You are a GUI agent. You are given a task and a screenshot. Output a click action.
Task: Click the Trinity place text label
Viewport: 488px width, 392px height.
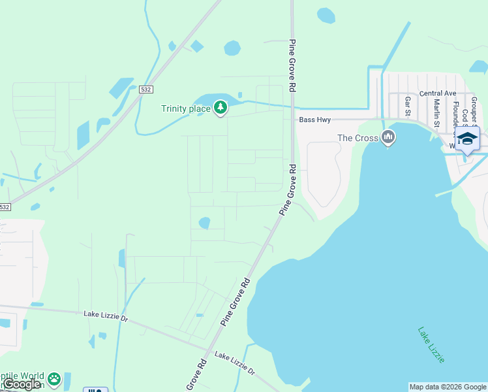coord(186,108)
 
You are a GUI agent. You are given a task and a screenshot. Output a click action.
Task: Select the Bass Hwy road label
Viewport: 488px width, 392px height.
coord(315,120)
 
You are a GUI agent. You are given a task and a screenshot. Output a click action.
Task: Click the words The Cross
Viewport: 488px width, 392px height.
coord(358,138)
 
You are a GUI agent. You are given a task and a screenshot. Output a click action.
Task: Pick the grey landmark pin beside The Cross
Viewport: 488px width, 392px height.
coord(388,137)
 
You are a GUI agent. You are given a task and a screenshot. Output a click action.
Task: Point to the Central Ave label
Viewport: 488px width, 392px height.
coord(438,93)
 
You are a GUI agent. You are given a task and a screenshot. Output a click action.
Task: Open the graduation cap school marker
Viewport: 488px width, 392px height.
coord(467,139)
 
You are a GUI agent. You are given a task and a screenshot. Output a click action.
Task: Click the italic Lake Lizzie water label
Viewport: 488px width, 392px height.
coord(431,345)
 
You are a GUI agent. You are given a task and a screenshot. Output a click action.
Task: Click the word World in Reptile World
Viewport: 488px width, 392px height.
coord(31,376)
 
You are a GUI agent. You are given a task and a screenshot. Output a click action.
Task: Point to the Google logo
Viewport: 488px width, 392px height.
coord(22,384)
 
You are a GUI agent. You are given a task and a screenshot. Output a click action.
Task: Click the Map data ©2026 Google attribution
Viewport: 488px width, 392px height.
coord(448,387)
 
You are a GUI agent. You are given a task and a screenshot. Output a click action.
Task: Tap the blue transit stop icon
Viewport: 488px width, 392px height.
coord(95,390)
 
